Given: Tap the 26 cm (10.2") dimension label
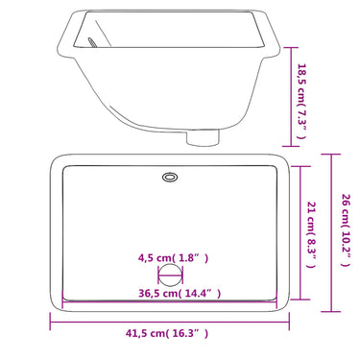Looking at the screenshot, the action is pyautogui.click(x=347, y=229).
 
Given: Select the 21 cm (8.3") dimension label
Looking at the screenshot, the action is pyautogui.click(x=312, y=234).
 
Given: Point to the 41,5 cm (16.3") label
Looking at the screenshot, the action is pyautogui.click(x=167, y=333).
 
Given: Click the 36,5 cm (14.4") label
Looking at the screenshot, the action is pyautogui.click(x=180, y=293).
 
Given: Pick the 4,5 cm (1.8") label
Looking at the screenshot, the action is pyautogui.click(x=173, y=257).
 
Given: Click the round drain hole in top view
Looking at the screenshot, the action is pyautogui.click(x=171, y=276).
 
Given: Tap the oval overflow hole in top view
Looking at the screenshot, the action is pyautogui.click(x=170, y=177).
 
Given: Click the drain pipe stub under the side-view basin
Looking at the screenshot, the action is pyautogui.click(x=203, y=136).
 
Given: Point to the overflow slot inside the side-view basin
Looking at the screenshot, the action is pyautogui.click(x=92, y=43).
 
